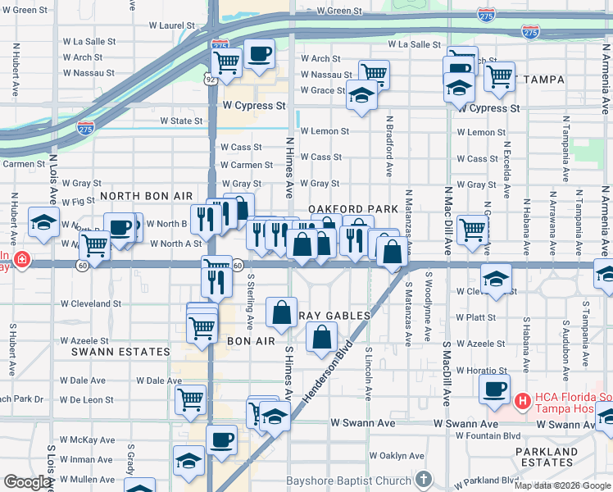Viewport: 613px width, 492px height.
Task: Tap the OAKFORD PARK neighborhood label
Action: pyautogui.click(x=352, y=210)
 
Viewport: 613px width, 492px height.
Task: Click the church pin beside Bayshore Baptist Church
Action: pyautogui.click(x=423, y=478)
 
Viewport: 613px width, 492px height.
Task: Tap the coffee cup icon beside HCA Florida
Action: pyautogui.click(x=493, y=389)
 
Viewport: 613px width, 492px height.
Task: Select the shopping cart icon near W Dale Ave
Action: pyautogui.click(x=190, y=399)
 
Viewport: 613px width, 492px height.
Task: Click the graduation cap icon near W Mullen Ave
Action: pyautogui.click(x=188, y=461)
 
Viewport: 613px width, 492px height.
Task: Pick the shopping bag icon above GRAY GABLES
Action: pyautogui.click(x=282, y=312)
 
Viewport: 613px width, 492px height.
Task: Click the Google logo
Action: pyautogui.click(x=28, y=483)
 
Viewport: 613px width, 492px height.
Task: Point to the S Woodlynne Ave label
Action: pyautogui.click(x=428, y=312)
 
